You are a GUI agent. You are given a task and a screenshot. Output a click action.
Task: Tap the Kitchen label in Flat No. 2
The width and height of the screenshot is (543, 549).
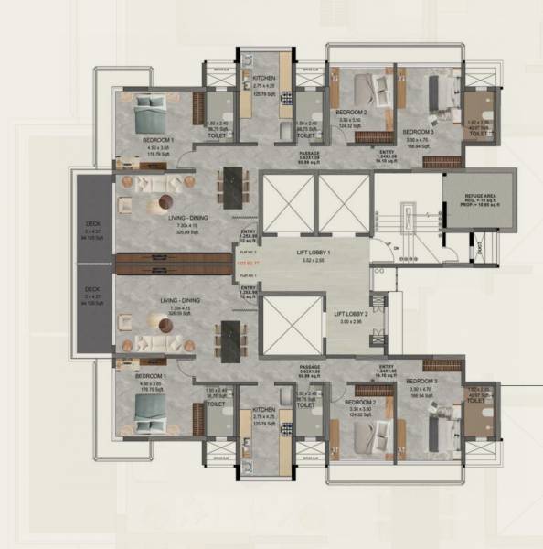coord(264,79)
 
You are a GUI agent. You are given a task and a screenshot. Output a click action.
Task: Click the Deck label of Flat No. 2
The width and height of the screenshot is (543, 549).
coord(92,223)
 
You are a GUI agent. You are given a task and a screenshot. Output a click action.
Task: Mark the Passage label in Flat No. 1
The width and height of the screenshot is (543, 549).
coord(306,370)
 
